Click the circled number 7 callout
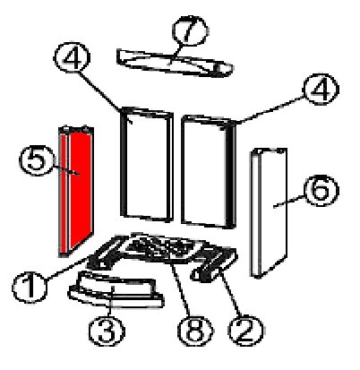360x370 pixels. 191,30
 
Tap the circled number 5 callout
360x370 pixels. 37,160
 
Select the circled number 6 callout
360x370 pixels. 321,191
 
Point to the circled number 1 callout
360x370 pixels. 30,288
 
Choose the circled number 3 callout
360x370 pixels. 107,331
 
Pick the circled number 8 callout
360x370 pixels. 195,331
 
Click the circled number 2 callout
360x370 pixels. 245,331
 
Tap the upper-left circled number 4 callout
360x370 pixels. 72,57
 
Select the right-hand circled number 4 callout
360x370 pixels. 321,90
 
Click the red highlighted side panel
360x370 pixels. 76,191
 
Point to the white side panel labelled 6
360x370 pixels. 270,212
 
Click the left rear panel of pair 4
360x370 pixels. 147,164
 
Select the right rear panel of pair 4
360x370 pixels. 209,171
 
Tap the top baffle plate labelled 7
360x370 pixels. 175,63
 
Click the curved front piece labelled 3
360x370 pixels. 116,289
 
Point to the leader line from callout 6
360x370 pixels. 289,202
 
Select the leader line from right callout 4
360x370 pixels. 271,109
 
